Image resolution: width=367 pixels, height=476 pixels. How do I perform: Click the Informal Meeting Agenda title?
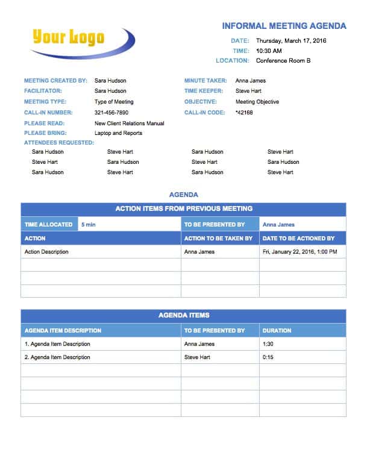[284, 26]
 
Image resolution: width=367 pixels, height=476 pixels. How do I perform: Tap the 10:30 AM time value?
[269, 51]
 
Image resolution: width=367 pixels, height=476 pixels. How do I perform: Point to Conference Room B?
[283, 61]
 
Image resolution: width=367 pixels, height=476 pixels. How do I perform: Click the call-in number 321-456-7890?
[111, 113]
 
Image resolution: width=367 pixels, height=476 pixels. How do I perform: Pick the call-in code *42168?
[244, 113]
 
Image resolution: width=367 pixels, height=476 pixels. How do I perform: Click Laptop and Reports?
[118, 133]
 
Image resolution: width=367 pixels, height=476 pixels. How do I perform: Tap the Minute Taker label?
[205, 81]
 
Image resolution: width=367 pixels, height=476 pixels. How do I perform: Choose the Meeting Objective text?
[257, 102]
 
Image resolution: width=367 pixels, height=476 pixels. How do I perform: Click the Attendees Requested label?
[59, 143]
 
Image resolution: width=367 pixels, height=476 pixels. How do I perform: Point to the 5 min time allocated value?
[88, 225]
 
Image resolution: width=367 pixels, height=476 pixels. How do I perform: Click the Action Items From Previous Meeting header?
[184, 209]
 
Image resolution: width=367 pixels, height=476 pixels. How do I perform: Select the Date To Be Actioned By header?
[298, 239]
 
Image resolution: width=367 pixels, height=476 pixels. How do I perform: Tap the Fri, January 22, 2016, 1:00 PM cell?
[300, 252]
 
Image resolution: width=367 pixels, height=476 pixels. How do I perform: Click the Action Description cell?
[46, 252]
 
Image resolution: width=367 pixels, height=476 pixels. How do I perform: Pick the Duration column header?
[277, 331]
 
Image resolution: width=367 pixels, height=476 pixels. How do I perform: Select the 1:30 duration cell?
[269, 344]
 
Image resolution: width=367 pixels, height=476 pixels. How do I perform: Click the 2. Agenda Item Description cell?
[57, 357]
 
